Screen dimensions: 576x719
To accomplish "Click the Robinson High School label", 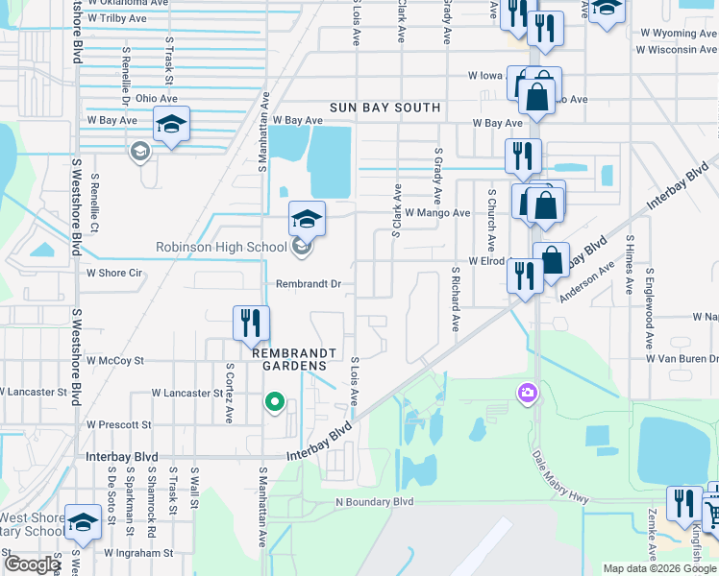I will click(221, 248).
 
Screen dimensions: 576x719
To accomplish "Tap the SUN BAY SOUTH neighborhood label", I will click(384, 108).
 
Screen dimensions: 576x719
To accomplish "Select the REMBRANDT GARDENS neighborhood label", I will click(296, 353).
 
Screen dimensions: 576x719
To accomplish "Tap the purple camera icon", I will click(526, 392).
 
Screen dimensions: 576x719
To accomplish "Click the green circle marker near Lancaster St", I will click(275, 402).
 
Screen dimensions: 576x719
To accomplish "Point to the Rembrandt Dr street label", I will click(309, 284).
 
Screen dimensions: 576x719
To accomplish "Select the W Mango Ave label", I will click(437, 213).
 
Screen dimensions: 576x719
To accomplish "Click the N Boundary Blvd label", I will click(374, 501).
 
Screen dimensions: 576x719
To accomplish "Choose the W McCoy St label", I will click(114, 361).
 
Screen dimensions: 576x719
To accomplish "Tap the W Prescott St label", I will click(118, 424).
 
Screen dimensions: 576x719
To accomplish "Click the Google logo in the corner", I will click(32, 564).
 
